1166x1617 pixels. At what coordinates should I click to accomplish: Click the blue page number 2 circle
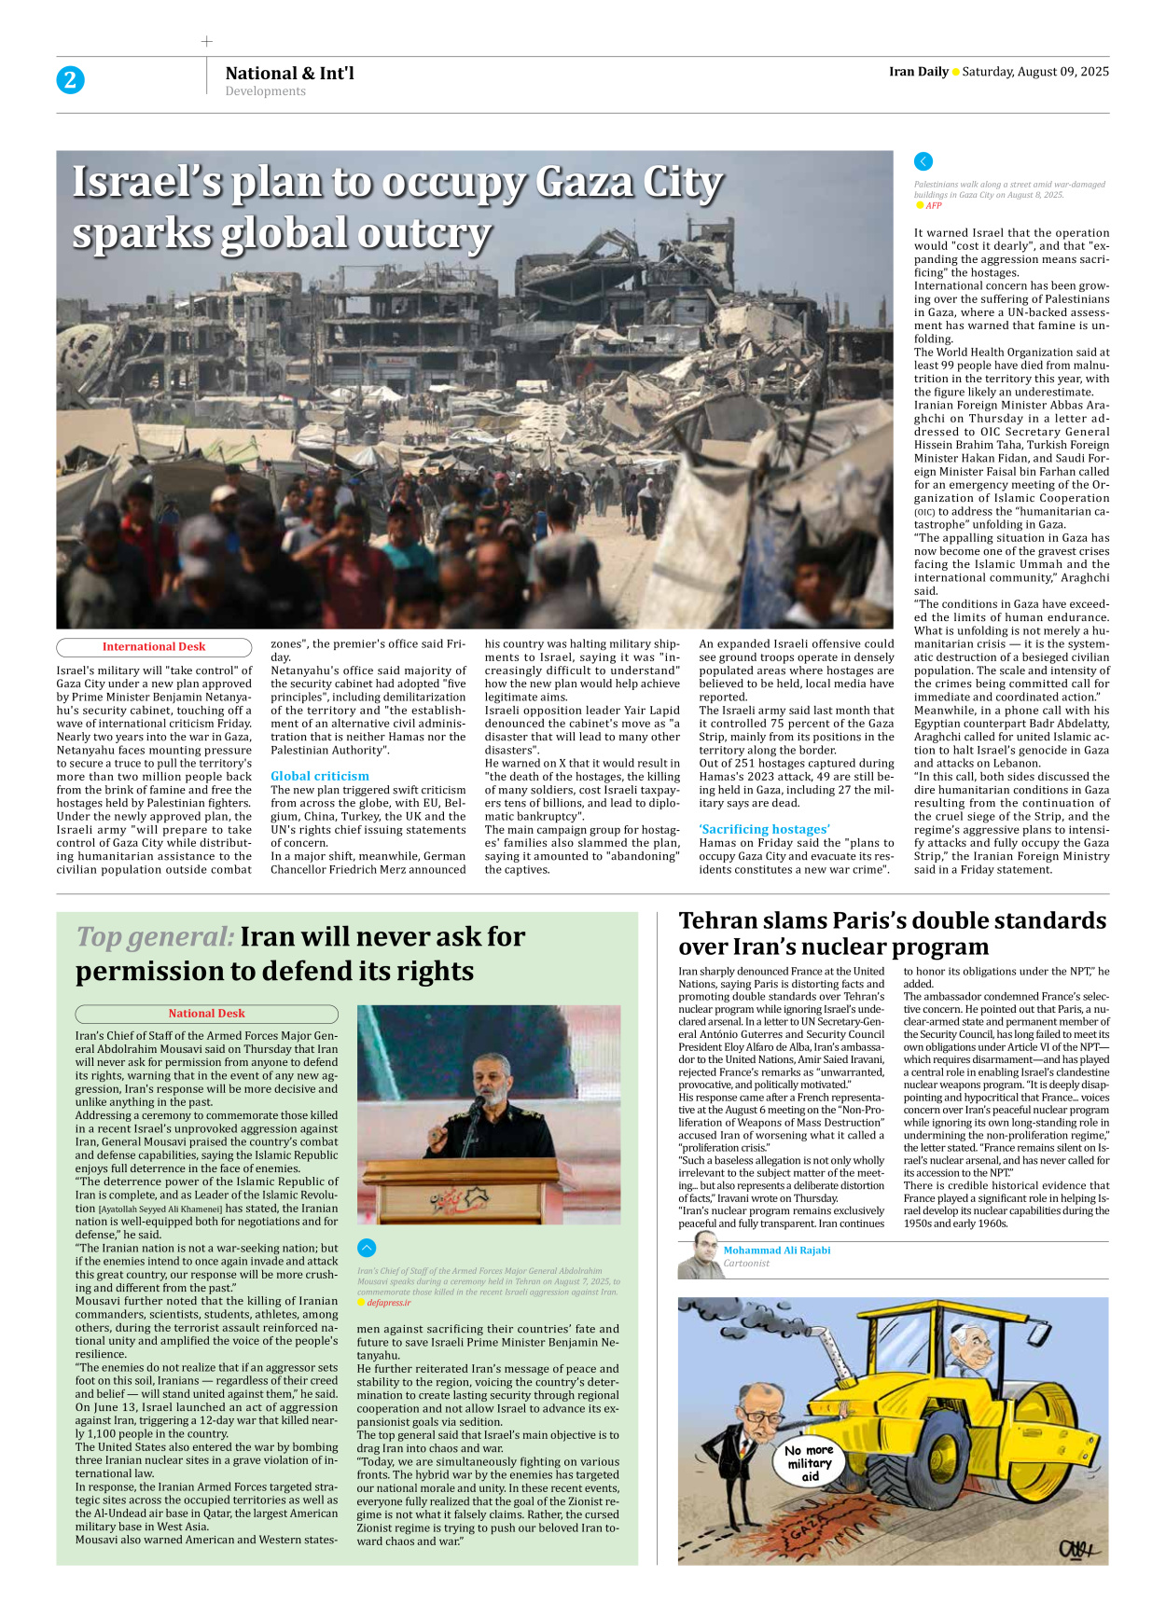coord(70,80)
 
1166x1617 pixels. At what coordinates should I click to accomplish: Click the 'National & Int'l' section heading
coord(289,73)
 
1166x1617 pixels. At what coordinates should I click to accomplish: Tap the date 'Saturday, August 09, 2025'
coord(1035,72)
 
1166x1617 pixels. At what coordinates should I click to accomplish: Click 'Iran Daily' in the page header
coord(918,72)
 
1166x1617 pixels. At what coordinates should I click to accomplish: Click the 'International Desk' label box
coord(154,647)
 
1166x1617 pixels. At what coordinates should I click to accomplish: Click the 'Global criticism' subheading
coord(319,776)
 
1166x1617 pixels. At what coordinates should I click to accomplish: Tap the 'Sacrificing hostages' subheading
coord(764,829)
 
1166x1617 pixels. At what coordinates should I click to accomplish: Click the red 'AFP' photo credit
coord(934,206)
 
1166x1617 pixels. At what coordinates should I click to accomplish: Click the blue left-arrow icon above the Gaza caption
coord(923,161)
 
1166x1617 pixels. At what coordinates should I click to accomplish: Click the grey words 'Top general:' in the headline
coord(155,936)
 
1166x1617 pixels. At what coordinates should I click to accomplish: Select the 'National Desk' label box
coord(206,1014)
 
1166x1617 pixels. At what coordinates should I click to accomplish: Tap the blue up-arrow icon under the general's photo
coord(367,1248)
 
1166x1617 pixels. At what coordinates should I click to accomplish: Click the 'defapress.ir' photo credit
coord(388,1303)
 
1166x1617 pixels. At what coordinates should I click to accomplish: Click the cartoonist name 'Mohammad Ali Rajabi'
coord(776,1251)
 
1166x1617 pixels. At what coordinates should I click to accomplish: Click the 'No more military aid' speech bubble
coord(809,1463)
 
